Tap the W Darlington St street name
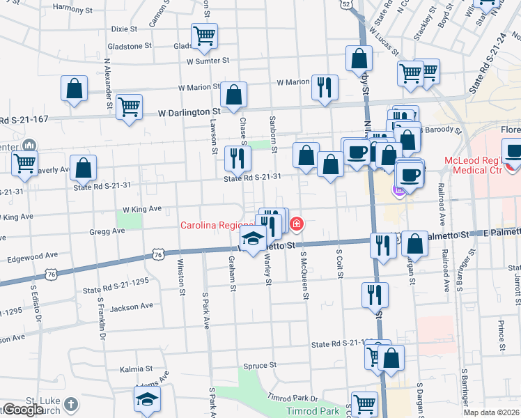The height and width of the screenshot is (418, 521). [189, 111]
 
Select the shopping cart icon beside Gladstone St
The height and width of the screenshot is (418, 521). [204, 37]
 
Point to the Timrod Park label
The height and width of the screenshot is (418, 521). [322, 412]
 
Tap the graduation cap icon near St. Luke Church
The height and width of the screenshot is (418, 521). [147, 399]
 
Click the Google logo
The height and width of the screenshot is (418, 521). [23, 410]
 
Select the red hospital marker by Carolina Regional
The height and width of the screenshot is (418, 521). [297, 224]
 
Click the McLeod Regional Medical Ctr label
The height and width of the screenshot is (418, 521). [482, 167]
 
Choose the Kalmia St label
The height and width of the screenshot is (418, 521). [135, 369]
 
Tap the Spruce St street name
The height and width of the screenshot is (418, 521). [260, 365]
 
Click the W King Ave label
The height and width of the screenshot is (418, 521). [141, 208]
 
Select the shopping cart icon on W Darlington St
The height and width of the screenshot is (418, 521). [129, 107]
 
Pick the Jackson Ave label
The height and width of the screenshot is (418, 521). [130, 306]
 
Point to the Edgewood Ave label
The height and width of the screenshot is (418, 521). [32, 256]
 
